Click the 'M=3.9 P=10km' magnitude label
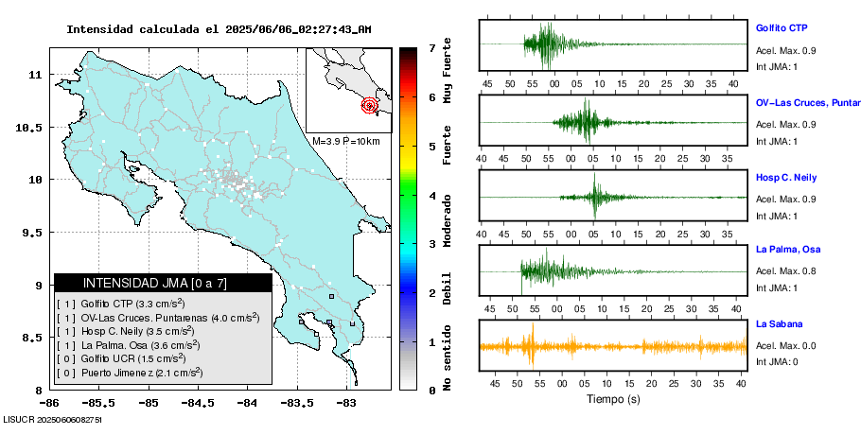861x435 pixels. point(345,141)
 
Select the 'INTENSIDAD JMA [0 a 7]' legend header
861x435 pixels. point(155,283)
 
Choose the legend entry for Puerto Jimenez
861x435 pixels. point(130,373)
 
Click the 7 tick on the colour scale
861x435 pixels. point(431,47)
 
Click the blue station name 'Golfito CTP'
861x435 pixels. point(781,28)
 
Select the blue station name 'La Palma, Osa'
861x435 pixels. point(786,250)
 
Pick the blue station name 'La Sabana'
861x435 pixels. point(779,324)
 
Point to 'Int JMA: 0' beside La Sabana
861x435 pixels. point(777,361)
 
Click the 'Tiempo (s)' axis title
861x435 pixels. point(613,399)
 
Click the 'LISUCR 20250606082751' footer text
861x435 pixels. point(53,418)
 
